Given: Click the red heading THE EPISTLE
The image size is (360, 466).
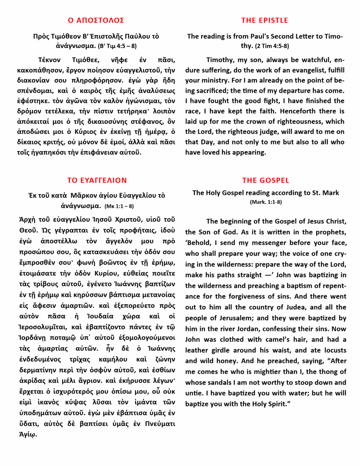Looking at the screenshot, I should tap(264, 20).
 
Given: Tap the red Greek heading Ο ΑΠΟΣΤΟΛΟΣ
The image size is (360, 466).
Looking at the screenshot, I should tap(96, 20).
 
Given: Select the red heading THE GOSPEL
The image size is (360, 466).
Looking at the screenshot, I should tap(265, 180).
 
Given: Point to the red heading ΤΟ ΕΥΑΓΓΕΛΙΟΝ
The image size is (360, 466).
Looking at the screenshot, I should tap(97, 180).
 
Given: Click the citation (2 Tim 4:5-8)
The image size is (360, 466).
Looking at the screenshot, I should tap(272, 46).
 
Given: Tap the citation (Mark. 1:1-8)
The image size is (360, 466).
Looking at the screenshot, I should tap(266, 202).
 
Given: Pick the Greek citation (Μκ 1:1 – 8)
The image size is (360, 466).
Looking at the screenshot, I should tap(119, 206).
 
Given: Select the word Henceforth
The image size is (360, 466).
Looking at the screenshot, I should tap(298, 111).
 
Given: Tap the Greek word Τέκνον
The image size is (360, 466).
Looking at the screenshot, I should tap(49, 60).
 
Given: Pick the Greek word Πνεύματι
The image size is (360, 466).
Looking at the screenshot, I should tap(160, 424).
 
